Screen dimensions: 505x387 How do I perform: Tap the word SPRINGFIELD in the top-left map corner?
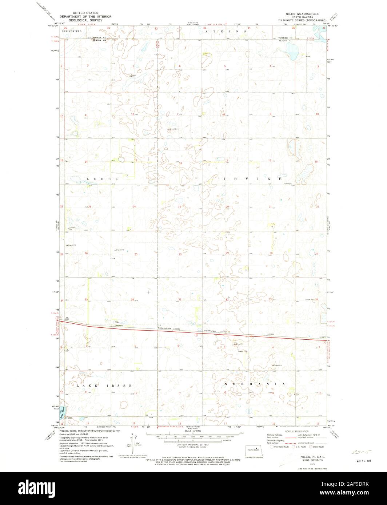(x=71, y=31)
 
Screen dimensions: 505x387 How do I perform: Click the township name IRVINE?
(x=251, y=179)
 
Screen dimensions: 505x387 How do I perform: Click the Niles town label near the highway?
(x=117, y=322)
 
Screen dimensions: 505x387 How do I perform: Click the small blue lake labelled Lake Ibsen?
(x=64, y=413)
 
